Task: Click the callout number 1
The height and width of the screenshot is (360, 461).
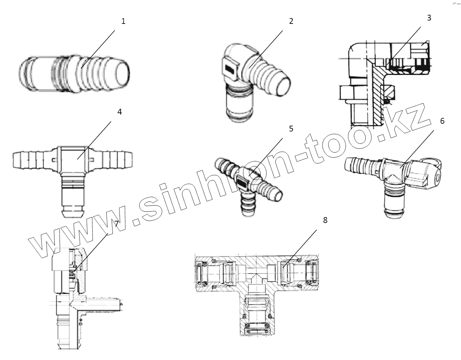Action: click(x=124, y=21)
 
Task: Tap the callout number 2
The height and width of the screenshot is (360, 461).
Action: click(x=291, y=21)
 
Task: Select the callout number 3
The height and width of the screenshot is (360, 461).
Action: click(x=429, y=18)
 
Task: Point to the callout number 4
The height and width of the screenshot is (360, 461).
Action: click(x=119, y=112)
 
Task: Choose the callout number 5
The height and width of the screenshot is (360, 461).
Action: click(x=291, y=129)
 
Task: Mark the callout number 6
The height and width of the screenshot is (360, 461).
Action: click(x=442, y=120)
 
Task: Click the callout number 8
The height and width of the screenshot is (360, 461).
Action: click(x=325, y=220)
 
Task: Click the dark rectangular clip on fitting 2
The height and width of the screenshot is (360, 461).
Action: click(x=230, y=69)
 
